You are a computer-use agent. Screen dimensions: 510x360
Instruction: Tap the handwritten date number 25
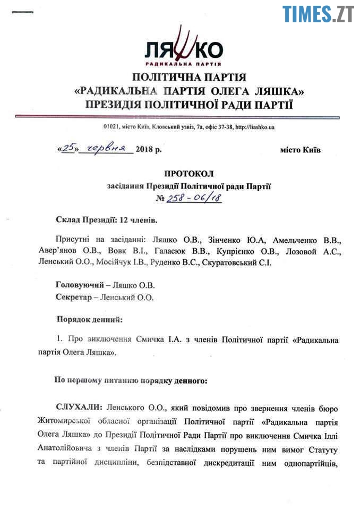(67, 149)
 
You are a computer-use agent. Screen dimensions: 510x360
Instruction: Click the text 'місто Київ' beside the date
(301, 150)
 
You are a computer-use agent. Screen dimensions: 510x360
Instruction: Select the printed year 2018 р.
(148, 150)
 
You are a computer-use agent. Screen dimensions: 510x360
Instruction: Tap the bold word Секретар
(73, 297)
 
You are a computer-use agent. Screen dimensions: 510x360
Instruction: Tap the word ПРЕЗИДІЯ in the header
(122, 104)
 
